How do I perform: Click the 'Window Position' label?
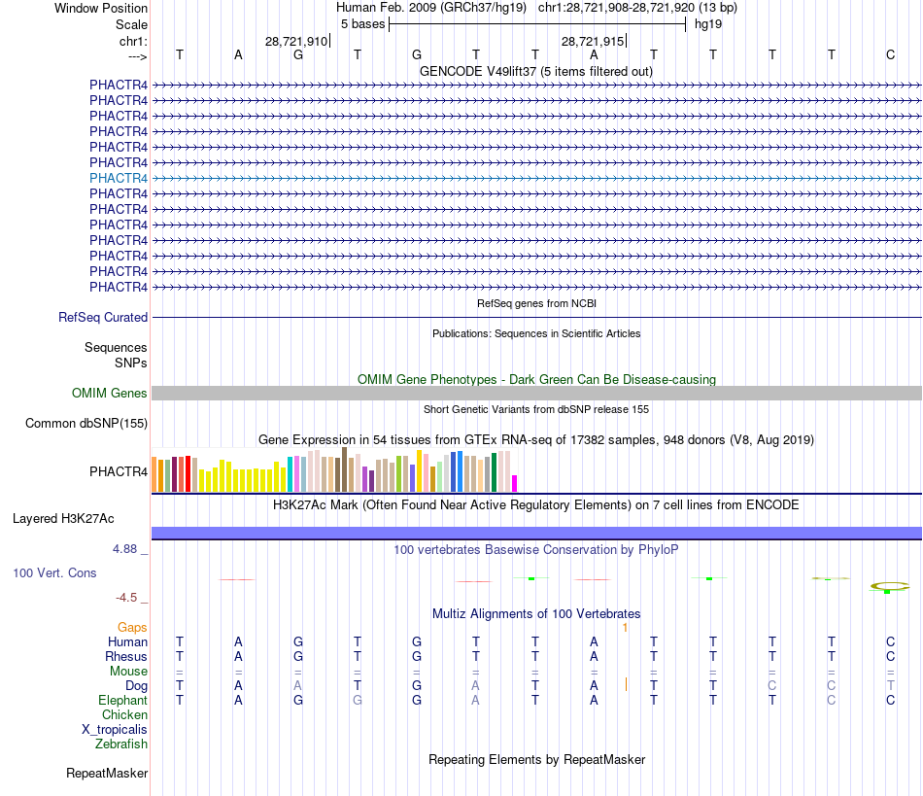101,8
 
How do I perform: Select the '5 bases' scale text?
362,23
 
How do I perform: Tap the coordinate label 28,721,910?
296,41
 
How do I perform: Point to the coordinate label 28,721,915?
593,41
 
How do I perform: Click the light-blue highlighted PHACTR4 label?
119,178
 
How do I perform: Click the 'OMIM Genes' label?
110,393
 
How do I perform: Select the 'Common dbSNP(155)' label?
86,423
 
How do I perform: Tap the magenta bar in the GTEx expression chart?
515,483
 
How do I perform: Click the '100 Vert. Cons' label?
54,572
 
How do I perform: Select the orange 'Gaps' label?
132,627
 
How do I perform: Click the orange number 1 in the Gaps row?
626,627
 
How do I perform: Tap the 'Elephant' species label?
122,700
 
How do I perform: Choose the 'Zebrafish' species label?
121,744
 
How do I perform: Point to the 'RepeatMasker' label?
107,774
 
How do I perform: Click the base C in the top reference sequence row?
890,54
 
